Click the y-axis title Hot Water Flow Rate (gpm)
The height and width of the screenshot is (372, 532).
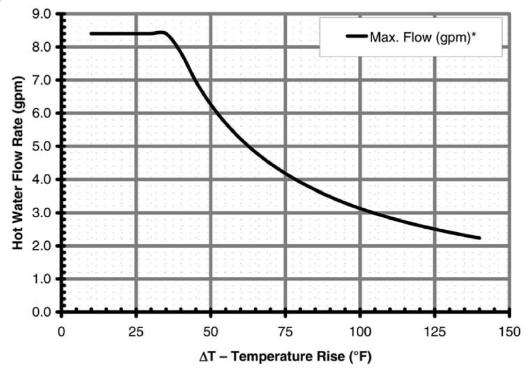click(x=18, y=163)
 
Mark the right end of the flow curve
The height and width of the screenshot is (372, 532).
click(x=479, y=238)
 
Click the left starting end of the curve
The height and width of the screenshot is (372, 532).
click(x=91, y=33)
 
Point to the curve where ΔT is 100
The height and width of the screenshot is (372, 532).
click(x=360, y=208)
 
